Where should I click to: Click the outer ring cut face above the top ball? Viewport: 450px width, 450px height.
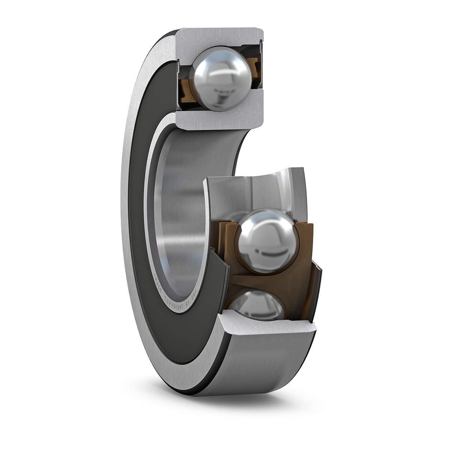tap(220, 37)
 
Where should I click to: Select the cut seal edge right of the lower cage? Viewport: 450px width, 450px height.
tap(318, 285)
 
